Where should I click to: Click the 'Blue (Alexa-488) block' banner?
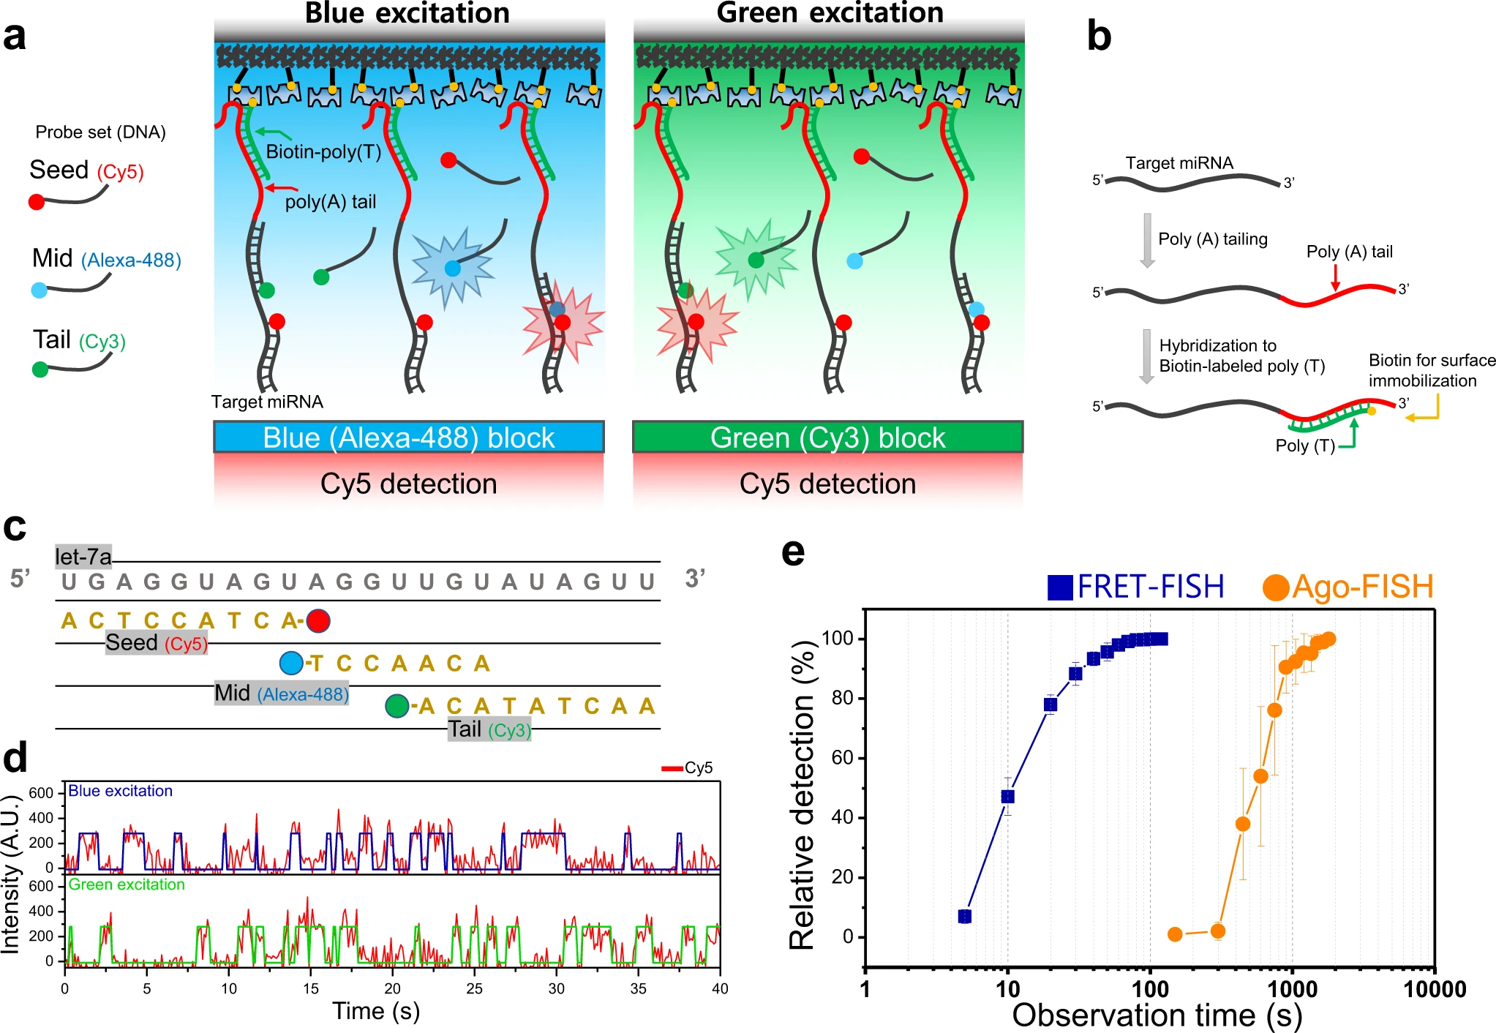(408, 437)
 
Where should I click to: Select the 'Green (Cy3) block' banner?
(827, 437)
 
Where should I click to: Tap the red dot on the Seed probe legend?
(36, 202)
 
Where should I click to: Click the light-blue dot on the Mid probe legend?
(40, 290)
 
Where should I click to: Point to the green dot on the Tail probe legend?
(40, 369)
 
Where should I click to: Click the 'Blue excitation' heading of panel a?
(407, 13)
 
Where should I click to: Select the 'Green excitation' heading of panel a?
(830, 13)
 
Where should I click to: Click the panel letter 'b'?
(1099, 37)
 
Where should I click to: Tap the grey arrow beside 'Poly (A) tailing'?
(1147, 240)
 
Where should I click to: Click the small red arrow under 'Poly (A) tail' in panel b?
(1335, 277)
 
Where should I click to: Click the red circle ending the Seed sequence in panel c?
(318, 620)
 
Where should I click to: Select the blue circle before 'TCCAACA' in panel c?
(291, 663)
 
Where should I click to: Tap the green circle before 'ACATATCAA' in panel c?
(396, 706)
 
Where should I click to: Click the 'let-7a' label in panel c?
(83, 557)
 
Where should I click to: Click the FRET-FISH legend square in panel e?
(1060, 587)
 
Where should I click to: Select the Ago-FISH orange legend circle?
(1275, 587)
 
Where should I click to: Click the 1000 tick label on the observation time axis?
(1292, 989)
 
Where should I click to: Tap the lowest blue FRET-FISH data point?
(965, 916)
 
